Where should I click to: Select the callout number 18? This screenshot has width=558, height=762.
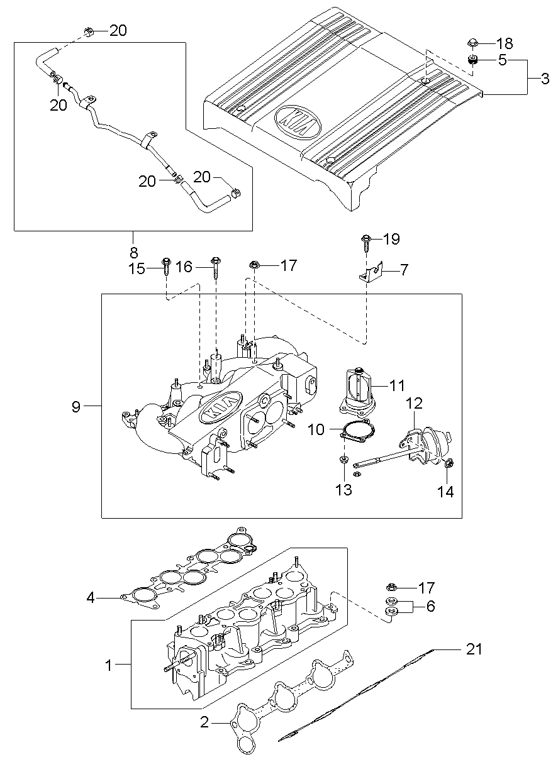click(x=505, y=43)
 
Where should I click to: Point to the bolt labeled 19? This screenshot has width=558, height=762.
click(x=366, y=241)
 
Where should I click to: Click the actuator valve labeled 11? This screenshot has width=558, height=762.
click(x=357, y=390)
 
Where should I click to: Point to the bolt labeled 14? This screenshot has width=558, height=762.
click(x=448, y=464)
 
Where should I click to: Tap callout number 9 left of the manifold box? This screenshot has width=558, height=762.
click(x=76, y=407)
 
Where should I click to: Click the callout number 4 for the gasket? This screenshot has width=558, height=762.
click(x=91, y=597)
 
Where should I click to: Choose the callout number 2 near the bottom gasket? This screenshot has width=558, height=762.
click(x=204, y=722)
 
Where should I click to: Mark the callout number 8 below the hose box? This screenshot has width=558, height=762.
click(x=133, y=253)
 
